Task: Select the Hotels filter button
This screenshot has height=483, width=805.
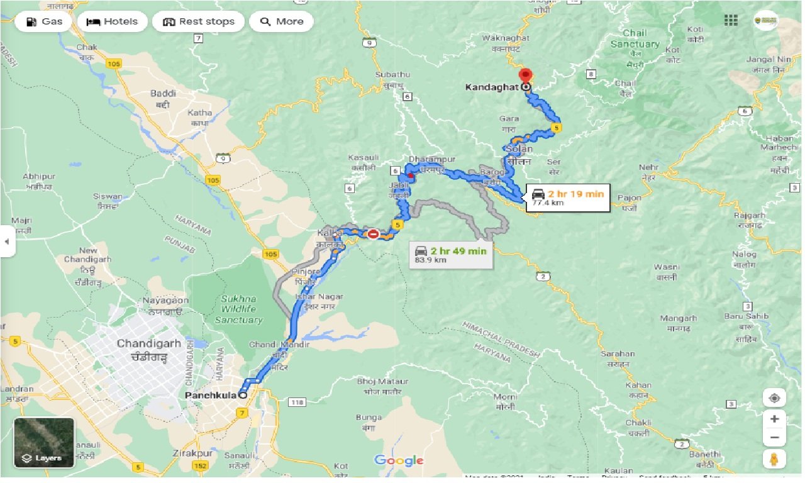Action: pos(112,21)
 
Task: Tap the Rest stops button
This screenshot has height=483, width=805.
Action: pos(199,21)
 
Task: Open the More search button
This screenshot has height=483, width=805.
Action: pos(281,21)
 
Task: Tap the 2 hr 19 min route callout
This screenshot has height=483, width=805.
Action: pos(568,197)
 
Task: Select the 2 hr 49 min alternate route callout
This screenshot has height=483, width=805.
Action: pos(451,254)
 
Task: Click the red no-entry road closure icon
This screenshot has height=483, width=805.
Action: pos(373,234)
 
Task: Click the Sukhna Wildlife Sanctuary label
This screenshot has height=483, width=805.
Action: pos(238,309)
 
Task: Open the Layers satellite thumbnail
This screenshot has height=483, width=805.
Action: pos(44,443)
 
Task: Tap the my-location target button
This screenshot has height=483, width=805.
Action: pos(774,398)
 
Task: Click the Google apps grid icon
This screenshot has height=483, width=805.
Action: pos(731,21)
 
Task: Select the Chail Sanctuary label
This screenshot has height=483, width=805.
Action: pos(635,39)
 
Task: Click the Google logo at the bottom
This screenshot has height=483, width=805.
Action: pos(399,460)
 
